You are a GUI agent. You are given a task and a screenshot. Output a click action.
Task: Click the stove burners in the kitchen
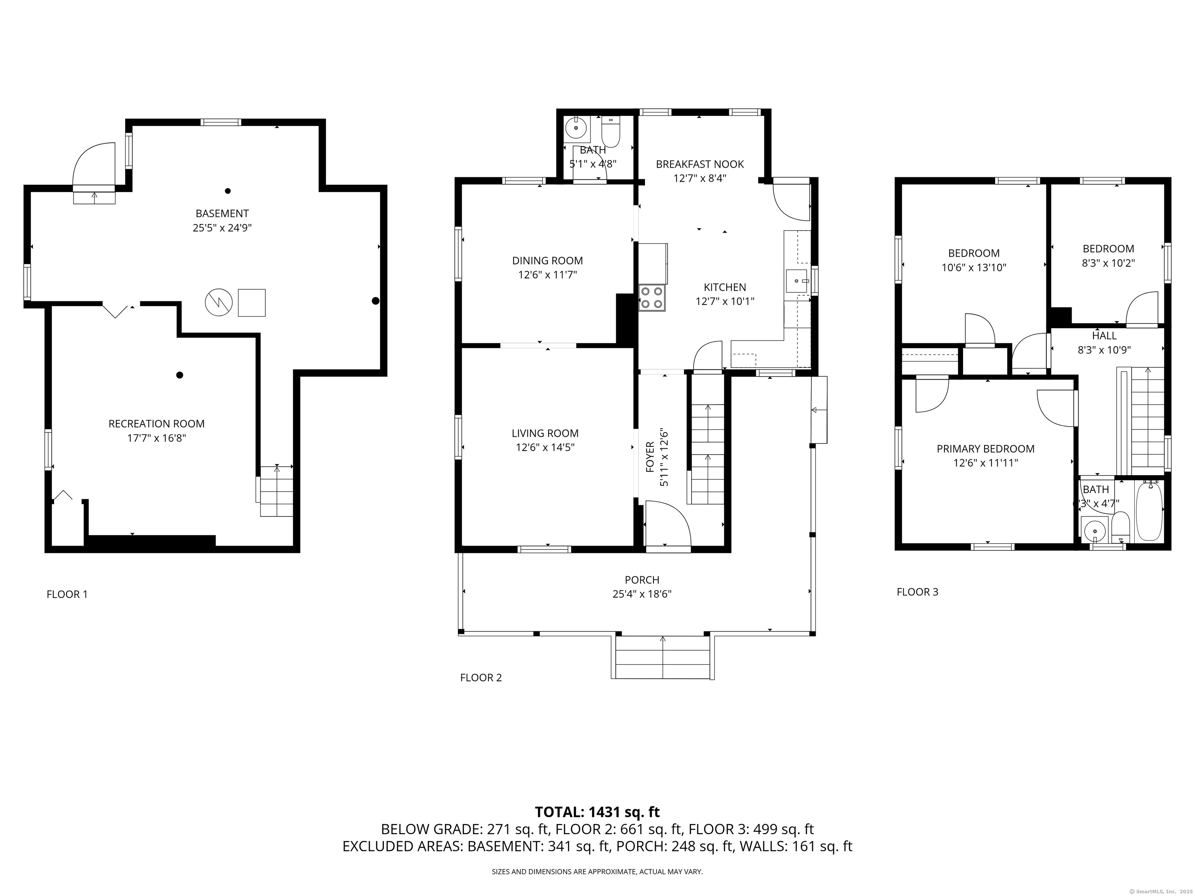[x=652, y=297]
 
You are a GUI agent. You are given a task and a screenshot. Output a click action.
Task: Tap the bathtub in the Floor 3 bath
[x=1149, y=511]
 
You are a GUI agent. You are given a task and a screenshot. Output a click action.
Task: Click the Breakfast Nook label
[x=699, y=164]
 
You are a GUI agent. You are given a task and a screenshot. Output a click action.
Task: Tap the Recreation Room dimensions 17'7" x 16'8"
[x=157, y=438]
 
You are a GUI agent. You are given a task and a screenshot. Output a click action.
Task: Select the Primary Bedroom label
[x=985, y=449]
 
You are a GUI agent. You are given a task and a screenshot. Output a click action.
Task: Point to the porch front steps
[x=662, y=657]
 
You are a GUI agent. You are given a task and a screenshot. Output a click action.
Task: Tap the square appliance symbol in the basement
[x=252, y=303]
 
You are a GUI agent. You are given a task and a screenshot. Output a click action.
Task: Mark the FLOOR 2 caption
[x=481, y=678]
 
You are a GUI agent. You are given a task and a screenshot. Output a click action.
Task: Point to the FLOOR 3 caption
[x=917, y=592]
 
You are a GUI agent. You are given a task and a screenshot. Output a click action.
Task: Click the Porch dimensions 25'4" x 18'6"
[x=642, y=594]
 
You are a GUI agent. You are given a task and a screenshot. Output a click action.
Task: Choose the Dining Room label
[x=547, y=261]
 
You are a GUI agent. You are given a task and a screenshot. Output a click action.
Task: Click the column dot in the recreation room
[x=180, y=375]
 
